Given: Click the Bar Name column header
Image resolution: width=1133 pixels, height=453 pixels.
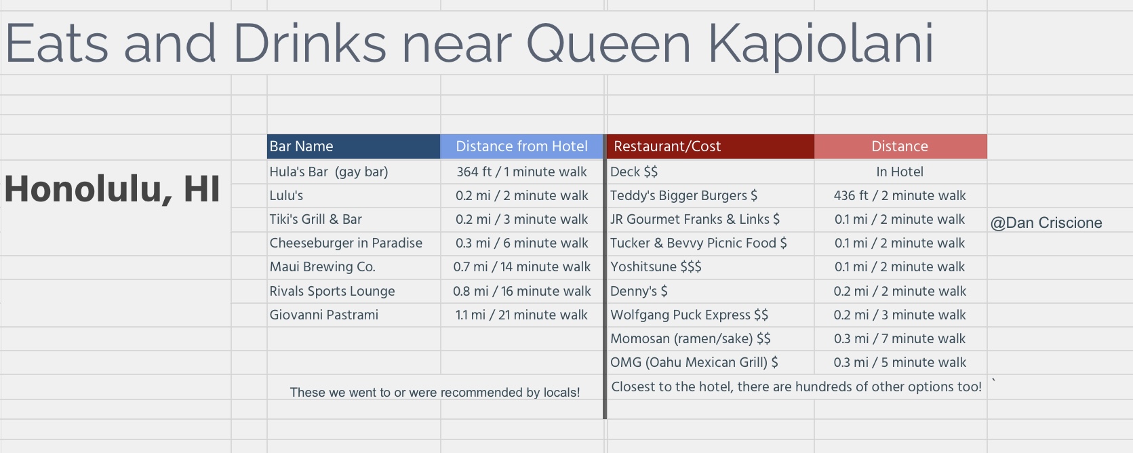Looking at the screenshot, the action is coord(353,146).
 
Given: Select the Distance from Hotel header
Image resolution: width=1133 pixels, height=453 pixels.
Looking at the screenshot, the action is coord(521,146).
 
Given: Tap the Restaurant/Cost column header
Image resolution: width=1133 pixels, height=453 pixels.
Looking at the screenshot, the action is coord(711,146).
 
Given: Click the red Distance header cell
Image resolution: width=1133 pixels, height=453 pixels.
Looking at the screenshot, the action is coord(900,146).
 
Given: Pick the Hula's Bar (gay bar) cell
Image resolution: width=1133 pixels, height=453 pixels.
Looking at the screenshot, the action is coord(353,172).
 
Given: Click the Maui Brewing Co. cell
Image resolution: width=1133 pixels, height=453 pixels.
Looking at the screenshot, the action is coord(353,267).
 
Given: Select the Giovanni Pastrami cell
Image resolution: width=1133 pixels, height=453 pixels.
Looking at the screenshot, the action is coord(353,315).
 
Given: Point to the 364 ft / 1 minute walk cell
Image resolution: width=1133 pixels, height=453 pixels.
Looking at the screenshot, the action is coord(521,172).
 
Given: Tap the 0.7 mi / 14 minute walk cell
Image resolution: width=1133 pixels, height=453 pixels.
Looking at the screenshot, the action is coord(521,267).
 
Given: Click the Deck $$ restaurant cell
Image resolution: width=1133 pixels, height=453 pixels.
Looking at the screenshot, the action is coord(711,172).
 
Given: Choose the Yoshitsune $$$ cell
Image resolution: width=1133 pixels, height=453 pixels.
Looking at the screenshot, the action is coord(711,267).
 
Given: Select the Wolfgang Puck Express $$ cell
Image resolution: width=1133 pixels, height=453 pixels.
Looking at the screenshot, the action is coord(711,315).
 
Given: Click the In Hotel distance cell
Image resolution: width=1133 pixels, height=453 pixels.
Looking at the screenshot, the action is coord(900,172).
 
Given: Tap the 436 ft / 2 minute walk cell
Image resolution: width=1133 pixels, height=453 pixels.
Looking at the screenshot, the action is coord(900,195).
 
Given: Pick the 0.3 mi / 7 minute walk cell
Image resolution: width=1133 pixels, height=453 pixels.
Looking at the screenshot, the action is coord(900,338).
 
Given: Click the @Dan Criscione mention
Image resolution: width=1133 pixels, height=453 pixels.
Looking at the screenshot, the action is coord(1046,222).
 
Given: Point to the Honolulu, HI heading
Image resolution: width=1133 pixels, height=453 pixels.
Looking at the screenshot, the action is coord(112,189).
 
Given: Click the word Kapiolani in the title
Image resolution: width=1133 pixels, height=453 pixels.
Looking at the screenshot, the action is coord(820,45).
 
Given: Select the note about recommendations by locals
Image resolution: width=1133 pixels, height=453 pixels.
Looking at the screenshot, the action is coord(435,392).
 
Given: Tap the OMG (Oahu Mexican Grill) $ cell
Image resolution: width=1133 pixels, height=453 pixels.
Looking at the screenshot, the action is coord(711,362).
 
